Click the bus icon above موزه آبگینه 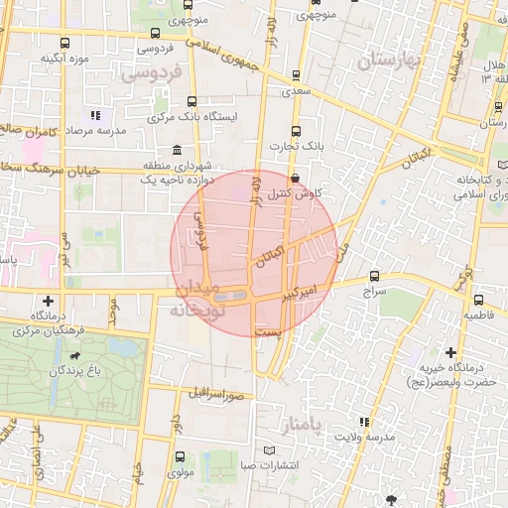(65, 43)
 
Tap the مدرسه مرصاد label (95, 131)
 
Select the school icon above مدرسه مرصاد (95, 116)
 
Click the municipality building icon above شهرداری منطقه (177, 150)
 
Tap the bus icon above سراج (374, 277)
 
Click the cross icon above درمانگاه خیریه (450, 352)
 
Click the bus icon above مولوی (180, 457)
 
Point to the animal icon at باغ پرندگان (73, 353)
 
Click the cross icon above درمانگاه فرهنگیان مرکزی (49, 300)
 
